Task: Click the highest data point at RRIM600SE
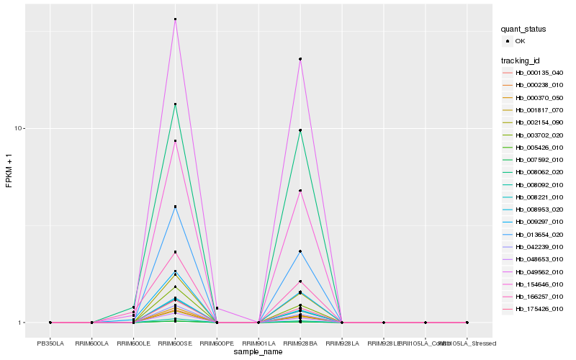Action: (x=175, y=19)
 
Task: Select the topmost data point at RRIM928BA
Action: (x=300, y=59)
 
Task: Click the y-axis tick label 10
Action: (x=20, y=128)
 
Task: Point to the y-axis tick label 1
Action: (x=22, y=323)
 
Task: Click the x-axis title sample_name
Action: (x=258, y=352)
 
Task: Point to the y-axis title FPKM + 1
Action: (x=9, y=172)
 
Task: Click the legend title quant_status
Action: (x=523, y=29)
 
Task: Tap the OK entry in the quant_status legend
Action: (x=520, y=41)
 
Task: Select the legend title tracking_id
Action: (x=521, y=60)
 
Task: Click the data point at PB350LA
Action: (x=50, y=323)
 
